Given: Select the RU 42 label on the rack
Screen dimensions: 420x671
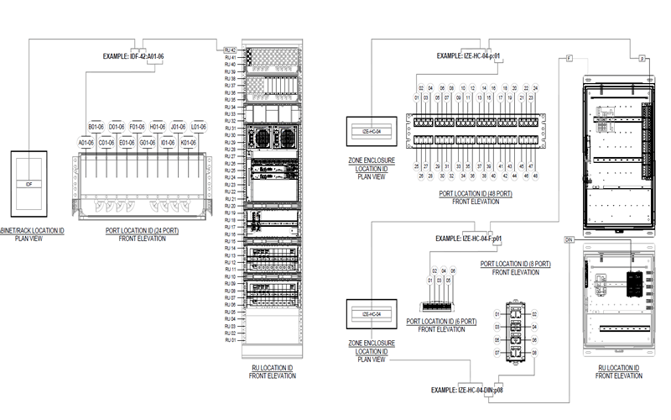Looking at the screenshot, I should click(x=230, y=50).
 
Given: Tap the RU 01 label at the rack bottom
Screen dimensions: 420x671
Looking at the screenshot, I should click(x=230, y=340).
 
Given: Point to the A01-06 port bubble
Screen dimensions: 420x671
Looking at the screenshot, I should click(x=86, y=143).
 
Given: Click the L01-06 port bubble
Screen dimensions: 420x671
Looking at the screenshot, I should click(x=198, y=128).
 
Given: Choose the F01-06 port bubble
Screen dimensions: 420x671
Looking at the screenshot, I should click(x=138, y=128).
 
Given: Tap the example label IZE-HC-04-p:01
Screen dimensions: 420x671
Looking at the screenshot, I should click(x=470, y=56).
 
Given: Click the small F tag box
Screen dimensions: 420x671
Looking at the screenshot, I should click(x=569, y=58).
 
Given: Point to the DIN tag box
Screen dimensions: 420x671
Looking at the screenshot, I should click(x=569, y=240).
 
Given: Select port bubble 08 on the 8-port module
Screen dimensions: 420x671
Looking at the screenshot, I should click(x=533, y=354).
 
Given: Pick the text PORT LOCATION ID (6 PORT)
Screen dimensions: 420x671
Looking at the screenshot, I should click(x=441, y=322).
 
